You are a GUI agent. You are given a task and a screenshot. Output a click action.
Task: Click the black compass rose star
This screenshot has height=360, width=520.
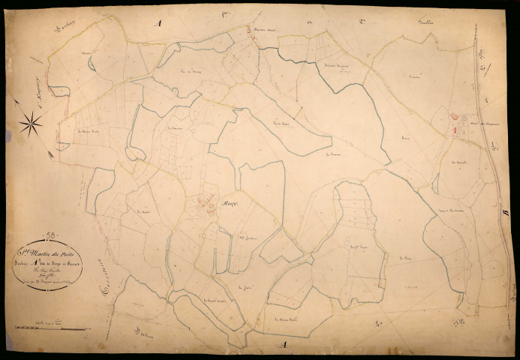click(31, 124)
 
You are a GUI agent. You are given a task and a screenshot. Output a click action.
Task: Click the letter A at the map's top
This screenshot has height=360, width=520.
click(158, 24)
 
